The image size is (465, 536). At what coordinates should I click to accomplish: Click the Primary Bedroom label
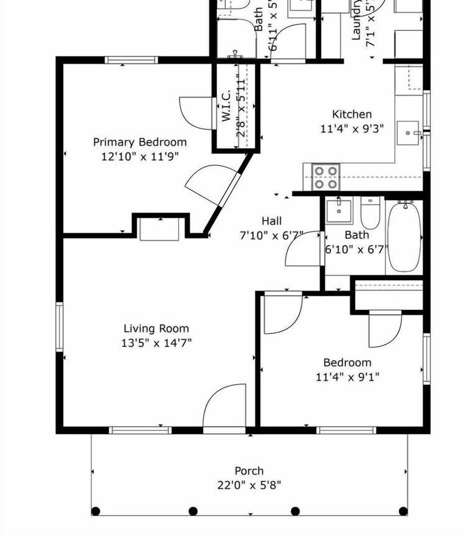coord(139,142)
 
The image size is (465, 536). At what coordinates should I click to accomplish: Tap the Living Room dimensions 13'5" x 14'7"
coord(156,343)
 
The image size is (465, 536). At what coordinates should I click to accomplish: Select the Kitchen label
coord(352,114)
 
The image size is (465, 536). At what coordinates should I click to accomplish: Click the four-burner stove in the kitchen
coord(325,177)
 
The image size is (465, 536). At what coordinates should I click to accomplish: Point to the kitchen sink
coord(408,133)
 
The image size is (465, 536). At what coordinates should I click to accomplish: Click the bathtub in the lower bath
coord(404,237)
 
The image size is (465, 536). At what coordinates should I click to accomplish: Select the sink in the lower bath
coord(339,211)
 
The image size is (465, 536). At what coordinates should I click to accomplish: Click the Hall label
coord(271,221)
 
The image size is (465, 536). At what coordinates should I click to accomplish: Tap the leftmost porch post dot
coord(96,511)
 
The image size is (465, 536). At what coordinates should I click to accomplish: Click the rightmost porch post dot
coord(403,511)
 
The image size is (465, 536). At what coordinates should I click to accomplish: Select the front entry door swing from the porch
coord(225,407)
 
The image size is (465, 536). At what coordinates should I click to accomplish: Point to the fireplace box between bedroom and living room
coord(159,229)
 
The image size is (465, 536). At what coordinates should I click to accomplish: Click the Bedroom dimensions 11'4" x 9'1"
coord(347,377)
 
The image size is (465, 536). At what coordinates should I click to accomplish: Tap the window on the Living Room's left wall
coord(60,327)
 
